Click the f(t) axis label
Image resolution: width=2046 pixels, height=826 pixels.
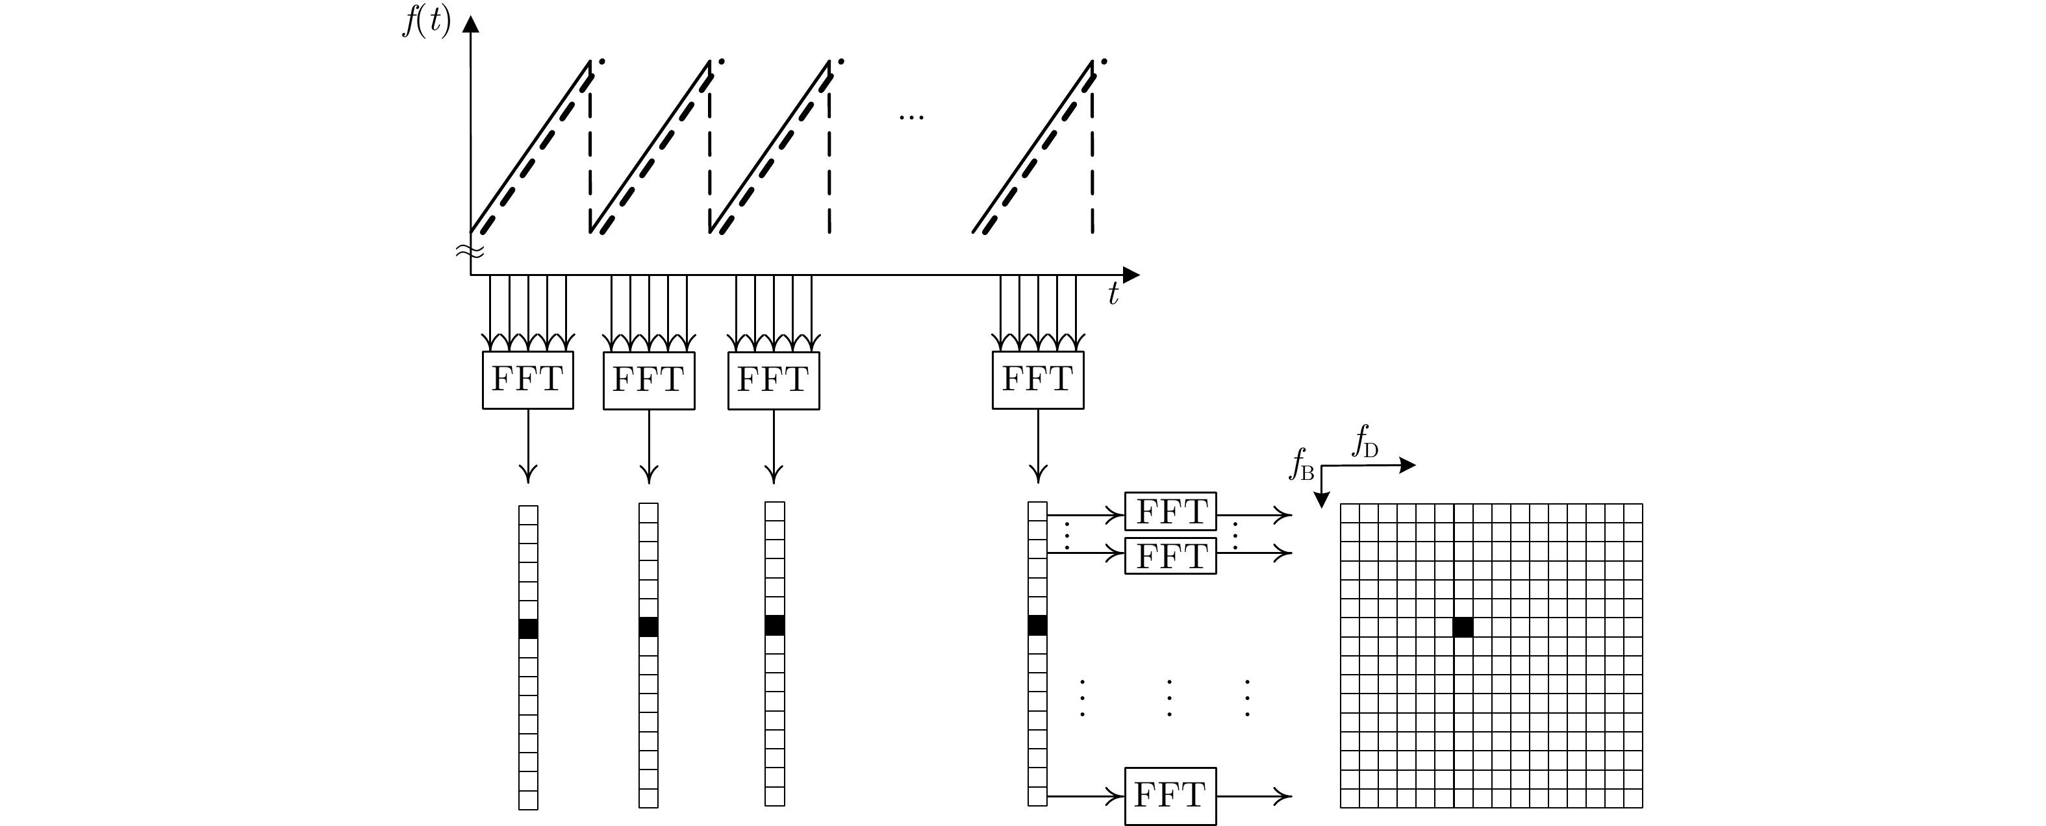coord(427,22)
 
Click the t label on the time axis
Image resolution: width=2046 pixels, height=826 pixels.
coord(1113,295)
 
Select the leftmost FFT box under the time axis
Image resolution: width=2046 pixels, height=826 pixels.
coord(527,381)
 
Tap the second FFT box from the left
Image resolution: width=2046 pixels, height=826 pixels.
coord(648,381)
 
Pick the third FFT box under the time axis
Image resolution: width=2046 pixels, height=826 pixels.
coord(773,381)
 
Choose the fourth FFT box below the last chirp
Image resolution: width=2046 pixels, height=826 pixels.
coord(1037,381)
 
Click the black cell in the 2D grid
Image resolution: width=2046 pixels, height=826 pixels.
coord(1463,627)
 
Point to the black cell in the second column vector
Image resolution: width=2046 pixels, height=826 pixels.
coord(648,627)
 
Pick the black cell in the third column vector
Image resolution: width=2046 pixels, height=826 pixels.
coord(774,626)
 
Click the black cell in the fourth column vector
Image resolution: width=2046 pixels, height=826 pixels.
coord(1037,626)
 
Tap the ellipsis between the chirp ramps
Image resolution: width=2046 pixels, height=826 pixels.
coord(911,118)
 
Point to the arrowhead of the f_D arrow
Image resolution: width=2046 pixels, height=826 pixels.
coord(1408,466)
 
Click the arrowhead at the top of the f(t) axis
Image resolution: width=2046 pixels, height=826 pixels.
coord(471,25)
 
